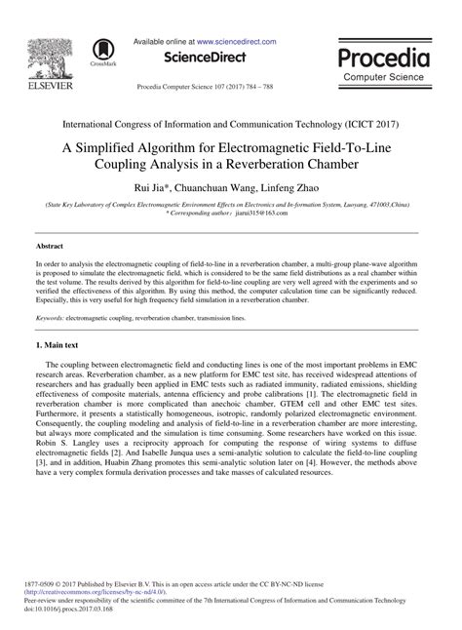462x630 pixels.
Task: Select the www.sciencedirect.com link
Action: coord(237,42)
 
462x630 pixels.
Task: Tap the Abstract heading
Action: coord(50,247)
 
